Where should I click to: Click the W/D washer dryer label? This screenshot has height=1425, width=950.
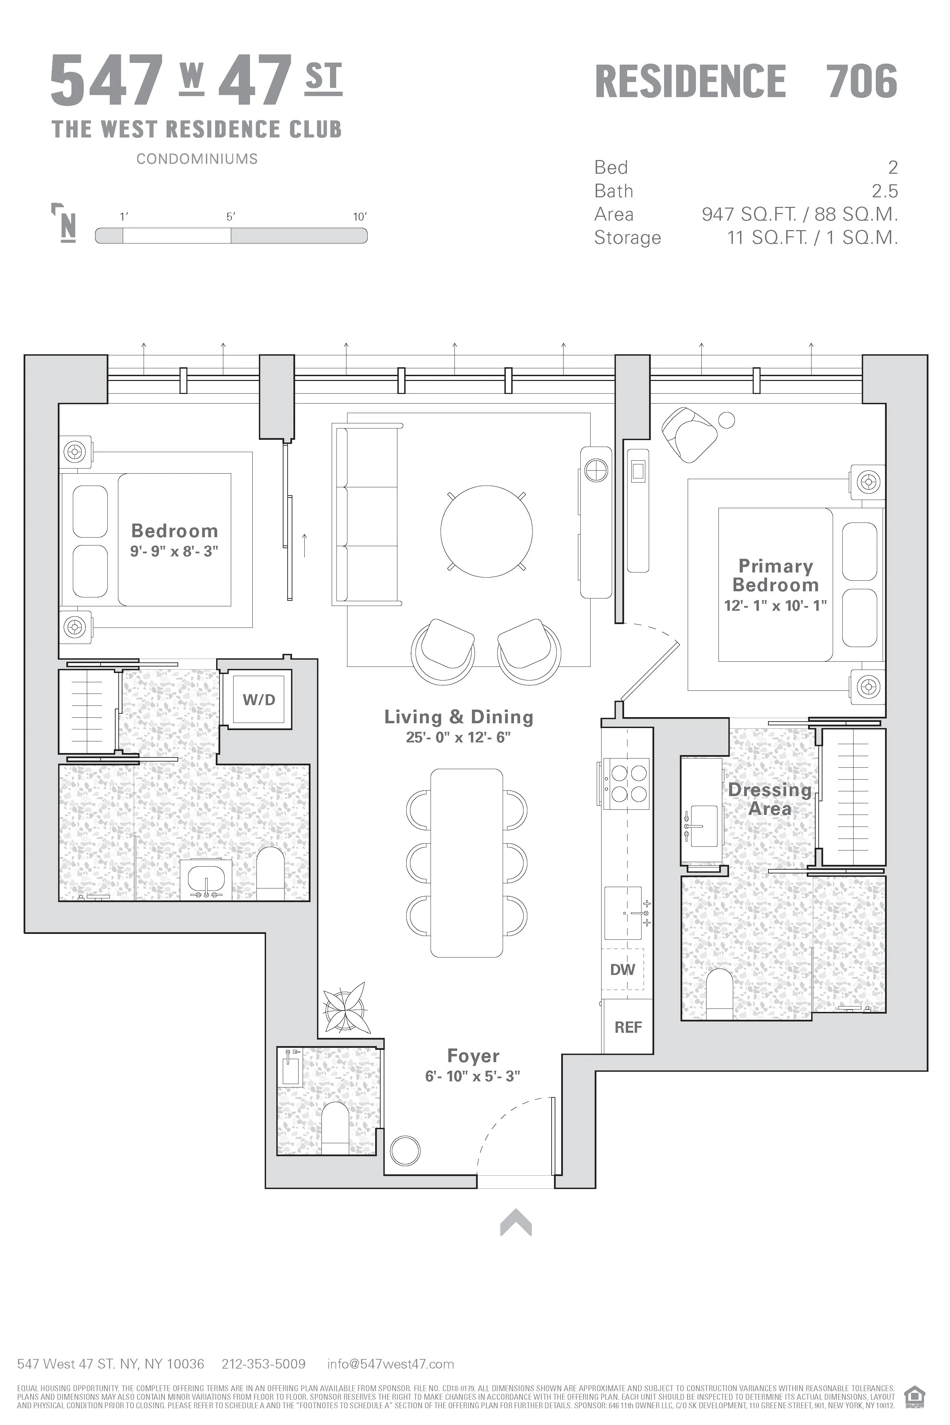(x=259, y=700)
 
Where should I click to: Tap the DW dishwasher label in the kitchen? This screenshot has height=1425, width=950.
(x=622, y=969)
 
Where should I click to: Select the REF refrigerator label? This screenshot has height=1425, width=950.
(x=628, y=1027)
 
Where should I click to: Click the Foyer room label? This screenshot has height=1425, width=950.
(x=473, y=1055)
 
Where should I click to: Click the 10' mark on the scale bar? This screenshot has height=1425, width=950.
(x=360, y=217)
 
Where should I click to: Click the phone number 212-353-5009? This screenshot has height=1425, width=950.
(x=264, y=1364)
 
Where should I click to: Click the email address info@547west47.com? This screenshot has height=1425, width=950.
(x=390, y=1364)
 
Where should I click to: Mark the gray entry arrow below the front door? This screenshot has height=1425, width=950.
(x=516, y=1222)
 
